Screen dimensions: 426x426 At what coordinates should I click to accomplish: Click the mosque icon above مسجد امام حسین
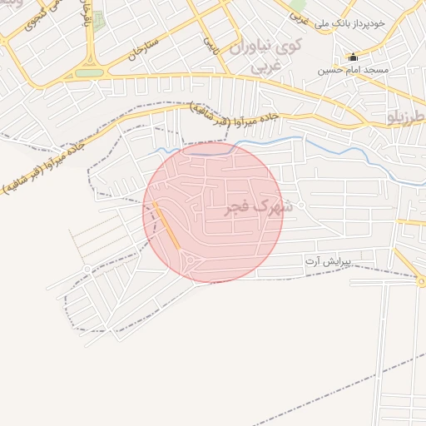click(x=354, y=57)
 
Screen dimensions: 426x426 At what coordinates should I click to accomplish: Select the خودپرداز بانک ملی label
click(x=360, y=24)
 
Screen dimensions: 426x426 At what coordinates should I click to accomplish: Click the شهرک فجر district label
click(x=259, y=207)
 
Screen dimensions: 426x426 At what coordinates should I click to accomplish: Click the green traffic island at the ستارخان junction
click(x=88, y=73)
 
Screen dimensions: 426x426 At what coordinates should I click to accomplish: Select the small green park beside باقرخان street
click(x=98, y=21)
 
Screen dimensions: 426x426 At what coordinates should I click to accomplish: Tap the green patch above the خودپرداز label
click(x=298, y=7)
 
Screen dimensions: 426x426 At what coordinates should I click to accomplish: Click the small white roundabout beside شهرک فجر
click(x=301, y=205)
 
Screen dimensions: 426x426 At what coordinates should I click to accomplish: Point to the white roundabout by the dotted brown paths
click(x=87, y=270)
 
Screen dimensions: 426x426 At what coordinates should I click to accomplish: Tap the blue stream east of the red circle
click(x=333, y=146)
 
